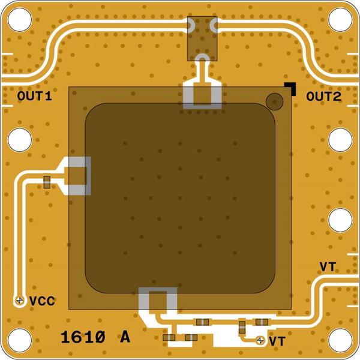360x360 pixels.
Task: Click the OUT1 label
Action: (34, 96)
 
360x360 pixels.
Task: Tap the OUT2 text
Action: (323, 96)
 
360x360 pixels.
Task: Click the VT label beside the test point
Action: (277, 341)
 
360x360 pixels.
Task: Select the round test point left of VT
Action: (260, 340)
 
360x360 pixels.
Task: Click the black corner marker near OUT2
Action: (291, 88)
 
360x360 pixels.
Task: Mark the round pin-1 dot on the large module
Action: (275, 101)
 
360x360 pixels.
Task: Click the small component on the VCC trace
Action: (47, 182)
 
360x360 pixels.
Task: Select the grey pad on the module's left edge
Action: (79, 176)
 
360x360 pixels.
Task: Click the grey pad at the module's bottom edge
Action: (158, 300)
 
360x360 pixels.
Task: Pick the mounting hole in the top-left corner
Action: (20, 20)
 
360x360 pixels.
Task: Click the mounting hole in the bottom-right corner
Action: (340, 340)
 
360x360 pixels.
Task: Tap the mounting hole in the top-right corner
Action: (340, 20)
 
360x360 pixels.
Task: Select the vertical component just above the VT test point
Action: (242, 327)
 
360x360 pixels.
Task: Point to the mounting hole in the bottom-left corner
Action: (20, 340)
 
